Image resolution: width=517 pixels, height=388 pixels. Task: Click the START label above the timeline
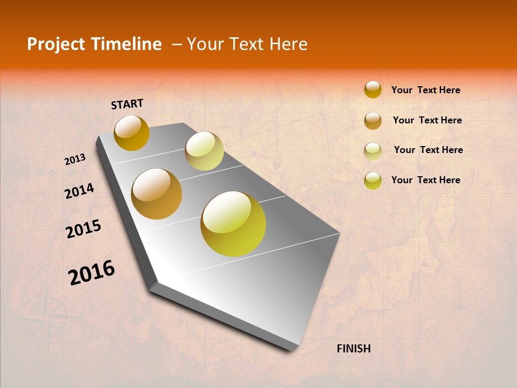pyautogui.click(x=127, y=104)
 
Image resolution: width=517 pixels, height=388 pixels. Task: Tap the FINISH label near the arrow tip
pyautogui.click(x=353, y=349)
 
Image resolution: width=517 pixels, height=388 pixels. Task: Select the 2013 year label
pyautogui.click(x=75, y=160)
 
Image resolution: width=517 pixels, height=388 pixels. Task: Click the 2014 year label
pyautogui.click(x=79, y=191)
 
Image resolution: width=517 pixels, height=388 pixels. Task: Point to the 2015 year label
pyautogui.click(x=83, y=229)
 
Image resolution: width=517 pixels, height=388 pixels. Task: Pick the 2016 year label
pyautogui.click(x=92, y=273)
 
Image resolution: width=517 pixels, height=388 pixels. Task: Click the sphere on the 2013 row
pyautogui.click(x=131, y=133)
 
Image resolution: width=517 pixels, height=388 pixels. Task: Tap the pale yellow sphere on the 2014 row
pyautogui.click(x=204, y=151)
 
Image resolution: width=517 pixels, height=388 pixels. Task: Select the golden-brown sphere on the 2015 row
pyautogui.click(x=157, y=194)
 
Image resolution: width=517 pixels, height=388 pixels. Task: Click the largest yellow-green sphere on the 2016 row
pyautogui.click(x=233, y=224)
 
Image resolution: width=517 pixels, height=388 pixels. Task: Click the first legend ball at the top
pyautogui.click(x=373, y=89)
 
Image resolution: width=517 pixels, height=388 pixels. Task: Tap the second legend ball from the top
pyautogui.click(x=373, y=121)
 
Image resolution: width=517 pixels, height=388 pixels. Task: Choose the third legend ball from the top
pyautogui.click(x=373, y=151)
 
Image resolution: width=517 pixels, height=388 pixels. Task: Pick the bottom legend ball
pyautogui.click(x=373, y=181)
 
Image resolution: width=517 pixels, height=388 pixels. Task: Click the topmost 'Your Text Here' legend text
pyautogui.click(x=425, y=90)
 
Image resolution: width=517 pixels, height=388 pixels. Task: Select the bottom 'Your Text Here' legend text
pyautogui.click(x=425, y=180)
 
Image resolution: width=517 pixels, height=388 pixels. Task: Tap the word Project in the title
pyautogui.click(x=56, y=44)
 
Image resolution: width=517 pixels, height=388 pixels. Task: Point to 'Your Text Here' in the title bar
pyautogui.click(x=247, y=44)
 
